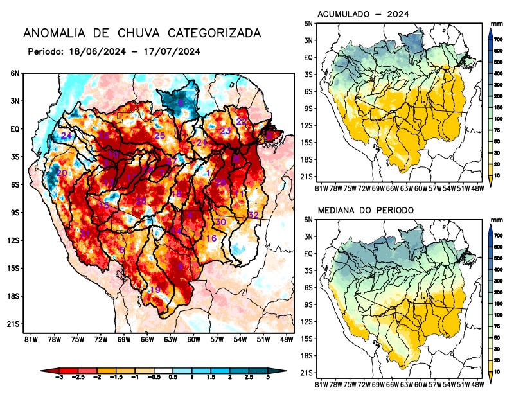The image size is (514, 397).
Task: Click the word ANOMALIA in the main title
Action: pos(54,33)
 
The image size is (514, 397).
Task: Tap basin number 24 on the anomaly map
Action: pos(66,136)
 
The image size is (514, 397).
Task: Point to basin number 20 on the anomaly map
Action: pos(62,173)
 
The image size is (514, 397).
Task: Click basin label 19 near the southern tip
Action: pos(155,290)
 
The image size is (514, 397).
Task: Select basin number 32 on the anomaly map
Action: pos(253,215)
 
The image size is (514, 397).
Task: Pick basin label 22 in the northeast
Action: pos(242,121)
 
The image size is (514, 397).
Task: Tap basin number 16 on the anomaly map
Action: pos(211,238)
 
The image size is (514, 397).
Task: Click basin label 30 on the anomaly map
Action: pos(220,222)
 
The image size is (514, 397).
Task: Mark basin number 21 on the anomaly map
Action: pos(202,142)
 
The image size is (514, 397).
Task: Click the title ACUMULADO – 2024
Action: pos(364,14)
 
